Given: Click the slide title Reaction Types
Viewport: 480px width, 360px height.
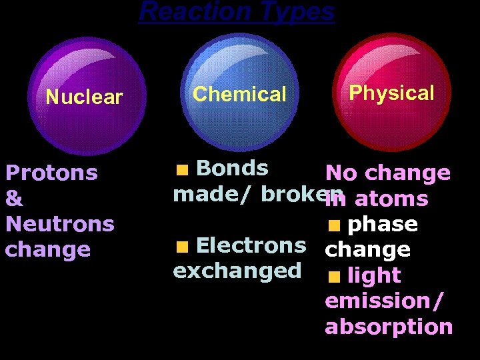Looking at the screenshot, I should click(237, 11).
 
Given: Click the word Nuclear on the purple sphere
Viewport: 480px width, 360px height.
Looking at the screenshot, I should click(85, 97).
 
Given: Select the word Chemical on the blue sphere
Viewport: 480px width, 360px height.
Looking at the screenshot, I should click(239, 94).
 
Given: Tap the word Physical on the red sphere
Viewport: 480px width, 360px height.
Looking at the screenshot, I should click(391, 93).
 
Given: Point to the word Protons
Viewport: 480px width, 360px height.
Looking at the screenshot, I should click(51, 173).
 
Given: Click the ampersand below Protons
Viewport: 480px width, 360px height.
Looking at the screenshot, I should click(14, 199).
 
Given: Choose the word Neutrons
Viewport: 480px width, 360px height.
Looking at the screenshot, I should click(59, 223).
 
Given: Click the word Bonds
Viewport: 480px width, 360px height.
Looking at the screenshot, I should click(233, 168).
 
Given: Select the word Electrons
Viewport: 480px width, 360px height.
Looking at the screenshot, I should click(251, 245).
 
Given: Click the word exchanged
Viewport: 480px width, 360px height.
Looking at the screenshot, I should click(237, 271).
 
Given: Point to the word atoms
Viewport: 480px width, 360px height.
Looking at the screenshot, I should click(391, 199).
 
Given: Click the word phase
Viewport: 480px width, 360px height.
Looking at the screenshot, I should click(383, 224).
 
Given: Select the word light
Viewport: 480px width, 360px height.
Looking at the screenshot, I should click(374, 275).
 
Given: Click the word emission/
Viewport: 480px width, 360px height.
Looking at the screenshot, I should click(383, 301).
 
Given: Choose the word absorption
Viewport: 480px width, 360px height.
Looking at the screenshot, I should click(389, 327).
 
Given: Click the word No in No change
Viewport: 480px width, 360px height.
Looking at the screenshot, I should click(340, 173).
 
